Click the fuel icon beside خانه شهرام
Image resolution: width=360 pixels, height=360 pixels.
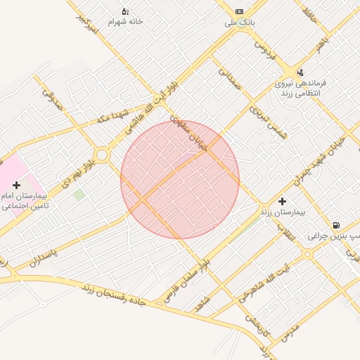(x=125, y=11)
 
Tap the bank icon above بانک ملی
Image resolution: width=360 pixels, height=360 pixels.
(x=240, y=12)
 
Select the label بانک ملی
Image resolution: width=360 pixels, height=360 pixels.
(x=238, y=23)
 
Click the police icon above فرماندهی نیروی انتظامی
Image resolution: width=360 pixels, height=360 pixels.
(x=300, y=72)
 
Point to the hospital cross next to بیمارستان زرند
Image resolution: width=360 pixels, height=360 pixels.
(x=283, y=200)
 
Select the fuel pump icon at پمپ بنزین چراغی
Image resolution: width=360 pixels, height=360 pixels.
(x=337, y=225)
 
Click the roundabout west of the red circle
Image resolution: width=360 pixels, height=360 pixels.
(x=102, y=154)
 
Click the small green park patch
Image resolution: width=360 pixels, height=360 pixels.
(x=79, y=193)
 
